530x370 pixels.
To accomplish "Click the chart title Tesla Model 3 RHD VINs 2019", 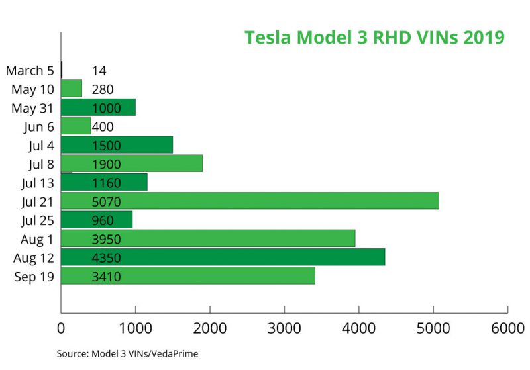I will [x=374, y=37].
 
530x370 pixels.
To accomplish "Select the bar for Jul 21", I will [x=250, y=201].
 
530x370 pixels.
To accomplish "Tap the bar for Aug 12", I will [x=223, y=257].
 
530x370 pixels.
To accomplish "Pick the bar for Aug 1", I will [x=208, y=238].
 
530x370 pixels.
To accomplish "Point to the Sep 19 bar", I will [x=187, y=275].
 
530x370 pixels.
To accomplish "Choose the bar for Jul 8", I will [x=131, y=163].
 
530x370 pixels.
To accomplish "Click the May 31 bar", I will [x=98, y=107].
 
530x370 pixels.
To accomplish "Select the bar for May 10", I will [x=71, y=89].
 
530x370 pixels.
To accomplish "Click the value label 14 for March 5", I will [x=99, y=70].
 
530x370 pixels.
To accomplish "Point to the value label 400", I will [x=103, y=126].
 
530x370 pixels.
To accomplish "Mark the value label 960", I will [x=103, y=220].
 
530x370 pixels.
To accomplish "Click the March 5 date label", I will [x=30, y=70].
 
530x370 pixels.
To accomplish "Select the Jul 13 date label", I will [x=36, y=182].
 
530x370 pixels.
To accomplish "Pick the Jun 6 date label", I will [x=38, y=126].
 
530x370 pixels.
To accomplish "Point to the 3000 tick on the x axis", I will [x=284, y=327].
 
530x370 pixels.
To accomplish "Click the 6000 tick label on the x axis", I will [x=507, y=327].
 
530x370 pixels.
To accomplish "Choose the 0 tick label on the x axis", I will [x=61, y=327].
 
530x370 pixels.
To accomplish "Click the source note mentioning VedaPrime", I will [x=127, y=354].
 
